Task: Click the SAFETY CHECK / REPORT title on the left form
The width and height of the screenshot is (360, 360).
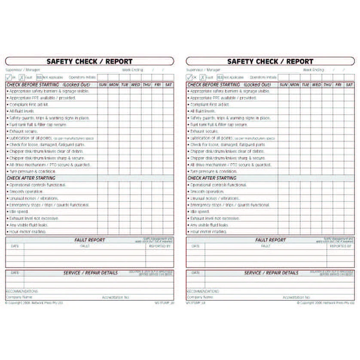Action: tap(89, 61)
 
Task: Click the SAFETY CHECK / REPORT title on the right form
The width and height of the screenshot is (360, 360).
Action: tap(270, 61)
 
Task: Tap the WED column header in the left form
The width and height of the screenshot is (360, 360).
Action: tap(136, 85)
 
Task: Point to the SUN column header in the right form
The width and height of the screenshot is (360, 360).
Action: tap(284, 85)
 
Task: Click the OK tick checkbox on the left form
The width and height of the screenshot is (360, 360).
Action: tap(9, 77)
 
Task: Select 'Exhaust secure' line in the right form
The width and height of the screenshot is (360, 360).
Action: tap(204, 131)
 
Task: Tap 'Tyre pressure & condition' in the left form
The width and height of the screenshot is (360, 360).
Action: tap(32, 171)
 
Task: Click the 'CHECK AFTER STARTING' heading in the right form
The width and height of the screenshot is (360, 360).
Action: tap(212, 178)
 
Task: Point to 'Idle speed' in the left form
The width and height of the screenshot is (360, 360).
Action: tap(18, 211)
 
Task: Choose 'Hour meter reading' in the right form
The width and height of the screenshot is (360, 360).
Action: tap(208, 232)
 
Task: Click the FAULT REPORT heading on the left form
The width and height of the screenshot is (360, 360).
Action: tap(89, 240)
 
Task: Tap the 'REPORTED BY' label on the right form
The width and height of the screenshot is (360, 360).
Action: tap(340, 246)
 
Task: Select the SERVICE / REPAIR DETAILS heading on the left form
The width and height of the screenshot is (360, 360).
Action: tap(90, 273)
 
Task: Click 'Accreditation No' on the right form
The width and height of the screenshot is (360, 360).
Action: tap(296, 297)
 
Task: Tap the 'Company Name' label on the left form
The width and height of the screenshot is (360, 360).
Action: tap(19, 297)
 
